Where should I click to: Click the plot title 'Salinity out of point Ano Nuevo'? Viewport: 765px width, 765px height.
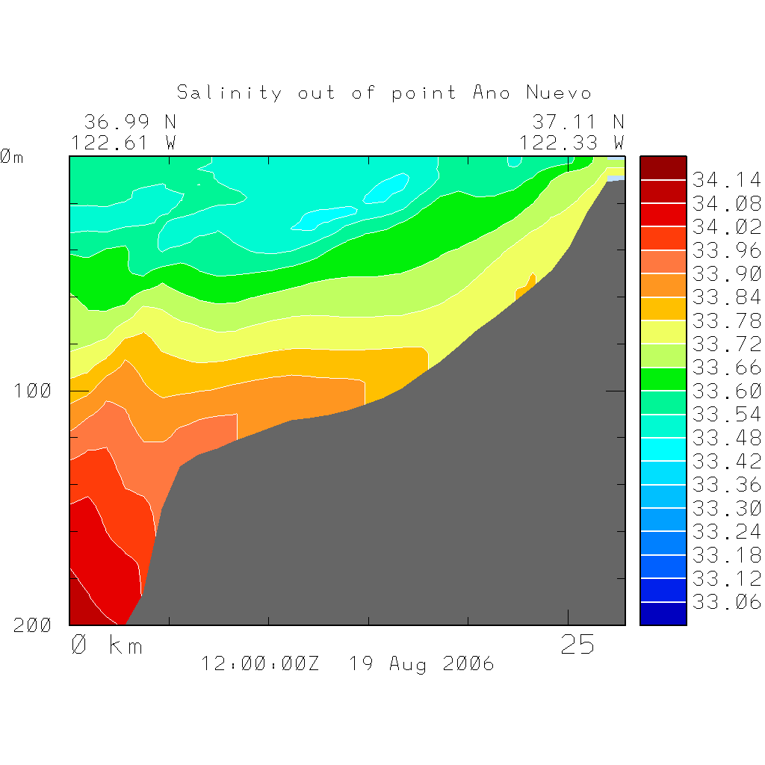[x=384, y=93]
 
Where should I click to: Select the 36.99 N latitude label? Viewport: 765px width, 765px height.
[x=130, y=122]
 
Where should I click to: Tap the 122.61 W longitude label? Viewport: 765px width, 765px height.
[x=124, y=142]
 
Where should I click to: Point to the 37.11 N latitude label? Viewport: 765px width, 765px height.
[x=577, y=122]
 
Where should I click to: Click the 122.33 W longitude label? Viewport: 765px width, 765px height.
[x=572, y=142]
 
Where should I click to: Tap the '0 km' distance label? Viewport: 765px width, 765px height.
[x=106, y=645]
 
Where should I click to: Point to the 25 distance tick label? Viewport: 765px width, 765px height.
[x=577, y=645]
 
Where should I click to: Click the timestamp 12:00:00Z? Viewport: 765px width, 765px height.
[x=260, y=663]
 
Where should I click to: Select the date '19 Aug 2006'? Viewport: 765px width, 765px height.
[x=421, y=663]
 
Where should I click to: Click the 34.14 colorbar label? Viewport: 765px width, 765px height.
[x=726, y=180]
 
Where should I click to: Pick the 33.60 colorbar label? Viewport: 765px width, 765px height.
[x=726, y=391]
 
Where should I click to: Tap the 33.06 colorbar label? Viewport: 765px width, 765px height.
[x=726, y=602]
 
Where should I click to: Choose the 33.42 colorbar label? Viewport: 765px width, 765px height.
[x=726, y=461]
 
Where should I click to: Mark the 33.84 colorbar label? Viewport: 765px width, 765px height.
[x=726, y=297]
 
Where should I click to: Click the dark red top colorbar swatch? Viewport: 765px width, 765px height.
[x=663, y=168]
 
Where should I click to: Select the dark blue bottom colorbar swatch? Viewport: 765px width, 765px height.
[x=663, y=613]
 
